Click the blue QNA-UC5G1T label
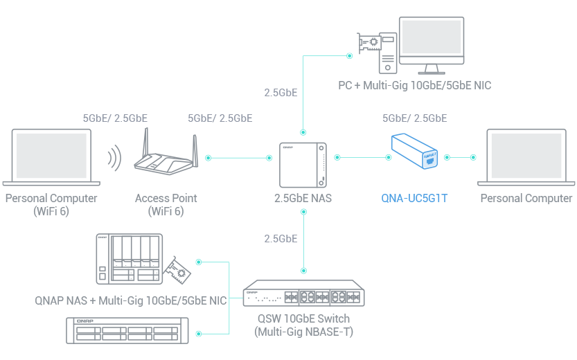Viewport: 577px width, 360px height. click(x=414, y=198)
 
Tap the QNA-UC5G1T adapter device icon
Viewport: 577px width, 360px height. click(x=415, y=152)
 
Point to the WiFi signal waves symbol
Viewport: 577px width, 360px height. click(x=113, y=158)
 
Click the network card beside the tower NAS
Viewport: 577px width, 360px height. click(x=178, y=272)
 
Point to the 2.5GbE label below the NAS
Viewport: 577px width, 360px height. click(x=281, y=239)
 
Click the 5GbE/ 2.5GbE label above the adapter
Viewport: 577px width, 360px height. click(x=414, y=118)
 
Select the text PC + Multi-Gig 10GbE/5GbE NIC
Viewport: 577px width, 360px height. click(x=414, y=85)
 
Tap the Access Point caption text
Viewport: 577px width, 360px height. click(x=166, y=198)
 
